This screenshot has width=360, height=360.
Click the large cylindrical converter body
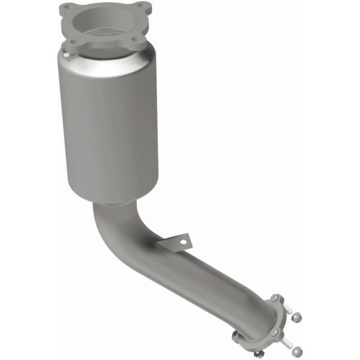[111, 126]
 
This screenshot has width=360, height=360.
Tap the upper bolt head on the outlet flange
[275, 298]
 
